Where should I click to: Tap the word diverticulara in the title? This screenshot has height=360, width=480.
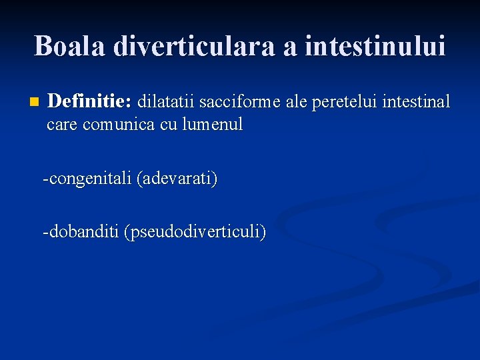coord(190,46)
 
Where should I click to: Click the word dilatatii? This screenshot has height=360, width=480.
coord(165,101)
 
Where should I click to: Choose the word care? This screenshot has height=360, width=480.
coord(62,124)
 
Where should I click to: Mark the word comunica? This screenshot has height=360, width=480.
coord(118,124)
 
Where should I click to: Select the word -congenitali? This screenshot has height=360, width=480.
coord(87,179)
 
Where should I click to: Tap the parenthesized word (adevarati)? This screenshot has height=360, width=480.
coord(177,179)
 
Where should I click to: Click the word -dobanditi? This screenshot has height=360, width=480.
coord(81,232)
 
